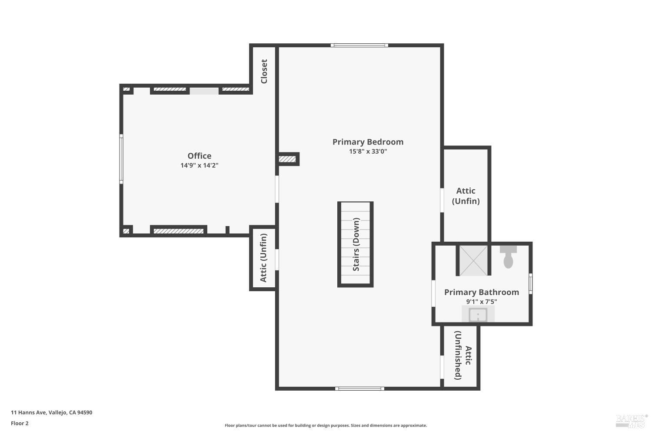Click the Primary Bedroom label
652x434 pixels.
tap(368, 142)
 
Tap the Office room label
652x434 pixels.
tap(200, 156)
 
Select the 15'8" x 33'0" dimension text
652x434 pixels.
tap(368, 151)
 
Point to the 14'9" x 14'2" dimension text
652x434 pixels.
tap(200, 165)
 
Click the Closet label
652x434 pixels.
tap(264, 71)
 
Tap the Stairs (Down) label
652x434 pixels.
tap(356, 244)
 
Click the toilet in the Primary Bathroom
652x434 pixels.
tap(508, 257)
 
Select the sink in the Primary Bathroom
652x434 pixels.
tap(478, 314)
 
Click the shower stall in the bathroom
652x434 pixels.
tap(473, 260)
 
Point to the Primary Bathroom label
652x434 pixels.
tap(482, 292)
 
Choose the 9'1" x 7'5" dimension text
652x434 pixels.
tap(482, 302)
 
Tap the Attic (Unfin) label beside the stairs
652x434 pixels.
tap(263, 258)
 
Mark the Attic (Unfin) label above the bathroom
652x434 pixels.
tap(466, 196)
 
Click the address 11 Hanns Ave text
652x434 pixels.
tap(51, 413)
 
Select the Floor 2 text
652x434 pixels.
tap(20, 423)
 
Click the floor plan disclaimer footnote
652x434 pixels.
tap(326, 426)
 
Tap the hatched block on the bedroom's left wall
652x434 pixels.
tap(287, 159)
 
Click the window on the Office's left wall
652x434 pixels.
tap(121, 159)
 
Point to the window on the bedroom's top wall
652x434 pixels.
tap(359, 45)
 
